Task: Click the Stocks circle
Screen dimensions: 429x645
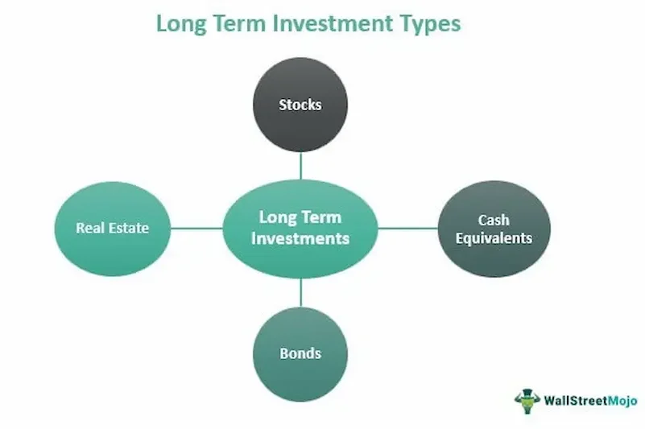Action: [300, 105]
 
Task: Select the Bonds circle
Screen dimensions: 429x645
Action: [300, 353]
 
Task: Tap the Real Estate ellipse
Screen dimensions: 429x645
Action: [113, 228]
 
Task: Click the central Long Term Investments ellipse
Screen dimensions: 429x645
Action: [300, 228]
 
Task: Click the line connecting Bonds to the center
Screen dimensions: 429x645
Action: [300, 291]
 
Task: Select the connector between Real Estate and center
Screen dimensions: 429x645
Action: [196, 228]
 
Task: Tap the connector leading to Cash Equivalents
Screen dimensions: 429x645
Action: [407, 228]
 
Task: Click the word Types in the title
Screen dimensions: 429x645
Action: [423, 23]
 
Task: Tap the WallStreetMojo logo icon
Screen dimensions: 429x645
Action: [527, 400]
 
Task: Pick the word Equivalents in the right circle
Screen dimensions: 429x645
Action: [494, 238]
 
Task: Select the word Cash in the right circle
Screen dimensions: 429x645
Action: [494, 220]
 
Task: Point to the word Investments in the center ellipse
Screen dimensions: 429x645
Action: [300, 238]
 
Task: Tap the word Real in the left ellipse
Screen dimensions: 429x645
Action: [90, 228]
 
